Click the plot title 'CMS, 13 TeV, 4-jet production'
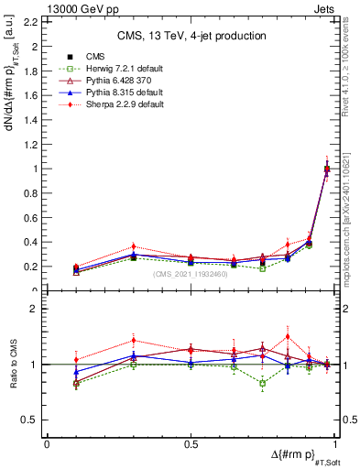coord(191,36)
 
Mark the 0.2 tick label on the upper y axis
coord(33,267)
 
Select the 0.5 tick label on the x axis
coord(191,443)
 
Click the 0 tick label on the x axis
coord(47,443)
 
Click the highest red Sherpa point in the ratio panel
coord(288,336)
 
